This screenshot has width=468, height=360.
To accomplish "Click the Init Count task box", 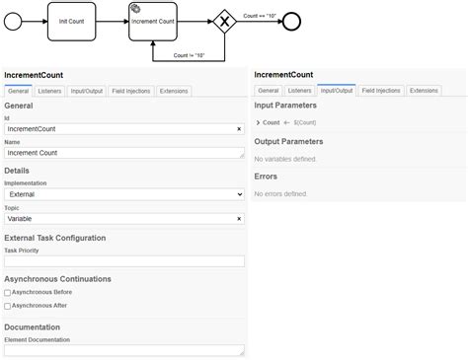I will (72, 21).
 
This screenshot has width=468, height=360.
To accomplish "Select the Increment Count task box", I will (153, 21).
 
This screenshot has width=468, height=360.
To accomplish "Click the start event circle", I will (14, 21).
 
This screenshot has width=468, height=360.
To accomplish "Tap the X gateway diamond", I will (225, 21).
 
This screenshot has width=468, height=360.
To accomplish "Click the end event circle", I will (291, 21).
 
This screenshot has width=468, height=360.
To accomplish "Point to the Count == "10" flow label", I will (259, 15).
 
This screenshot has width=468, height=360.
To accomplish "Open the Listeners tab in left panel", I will (49, 91).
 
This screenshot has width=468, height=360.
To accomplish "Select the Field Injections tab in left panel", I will (130, 91).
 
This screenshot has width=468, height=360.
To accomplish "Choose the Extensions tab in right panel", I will (424, 91).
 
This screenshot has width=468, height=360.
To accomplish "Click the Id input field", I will (118, 128).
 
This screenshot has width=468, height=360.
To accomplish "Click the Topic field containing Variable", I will (118, 218).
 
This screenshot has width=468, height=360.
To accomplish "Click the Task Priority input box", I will (123, 261).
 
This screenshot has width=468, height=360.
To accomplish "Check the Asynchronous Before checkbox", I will (8, 293).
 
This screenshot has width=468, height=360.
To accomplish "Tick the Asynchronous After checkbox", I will (8, 306).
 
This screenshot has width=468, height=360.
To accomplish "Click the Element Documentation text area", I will (123, 350).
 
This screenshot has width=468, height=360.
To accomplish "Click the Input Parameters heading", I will (285, 105).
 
